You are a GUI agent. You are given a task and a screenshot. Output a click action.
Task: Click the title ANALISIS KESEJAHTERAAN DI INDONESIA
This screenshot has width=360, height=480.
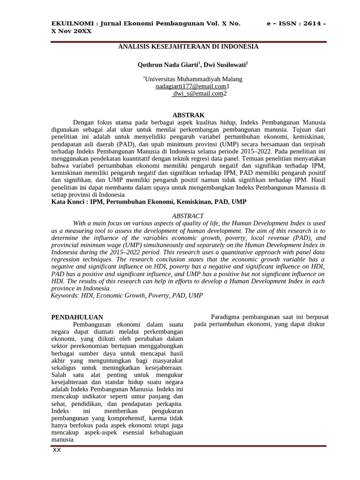tap(188, 47)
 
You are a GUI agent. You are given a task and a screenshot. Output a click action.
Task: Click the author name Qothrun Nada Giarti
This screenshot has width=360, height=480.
tap(163, 64)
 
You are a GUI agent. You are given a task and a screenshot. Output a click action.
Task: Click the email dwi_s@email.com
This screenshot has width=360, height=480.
tap(198, 93)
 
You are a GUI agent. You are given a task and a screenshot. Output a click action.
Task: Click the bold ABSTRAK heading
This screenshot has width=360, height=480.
tap(188, 115)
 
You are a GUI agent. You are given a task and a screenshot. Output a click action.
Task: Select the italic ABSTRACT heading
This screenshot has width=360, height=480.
tap(188, 216)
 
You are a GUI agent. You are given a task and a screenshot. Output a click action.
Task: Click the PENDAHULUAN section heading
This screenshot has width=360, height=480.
tap(77, 317)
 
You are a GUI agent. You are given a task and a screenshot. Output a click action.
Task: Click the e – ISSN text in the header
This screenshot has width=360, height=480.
tap(280, 24)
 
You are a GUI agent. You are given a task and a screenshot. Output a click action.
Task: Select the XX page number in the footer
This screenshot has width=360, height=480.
tap(57, 450)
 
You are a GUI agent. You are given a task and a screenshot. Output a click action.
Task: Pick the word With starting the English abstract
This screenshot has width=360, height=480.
tap(80, 223)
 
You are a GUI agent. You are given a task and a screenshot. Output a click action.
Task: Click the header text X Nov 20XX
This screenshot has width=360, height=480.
tap(71, 31)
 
